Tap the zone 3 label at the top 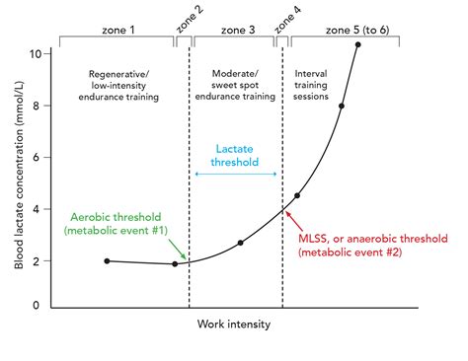point(238,31)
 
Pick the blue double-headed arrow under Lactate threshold point(236,174)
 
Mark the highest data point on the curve point(357,44)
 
